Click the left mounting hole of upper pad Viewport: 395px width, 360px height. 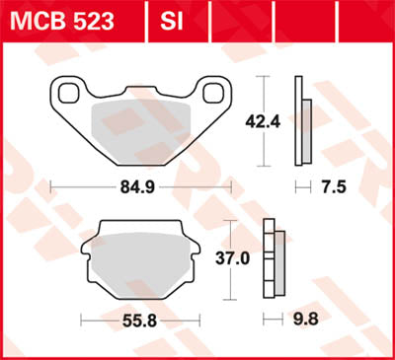69,94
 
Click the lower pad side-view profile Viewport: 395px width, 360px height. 275,261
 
